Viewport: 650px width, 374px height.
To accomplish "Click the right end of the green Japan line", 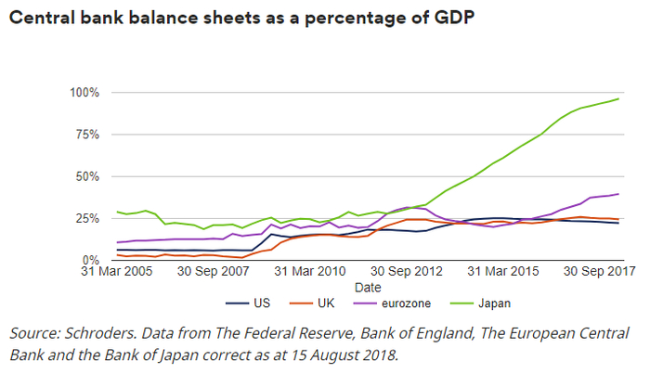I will coord(618,98).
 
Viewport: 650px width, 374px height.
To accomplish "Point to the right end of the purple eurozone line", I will coord(618,194).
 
